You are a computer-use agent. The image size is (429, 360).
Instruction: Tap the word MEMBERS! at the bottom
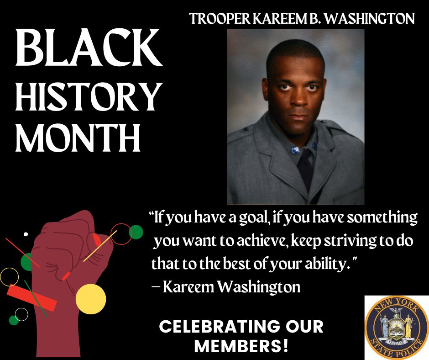click(241, 346)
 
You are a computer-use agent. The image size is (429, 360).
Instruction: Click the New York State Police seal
click(397, 327)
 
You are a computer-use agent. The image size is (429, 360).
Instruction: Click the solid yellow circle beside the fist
click(91, 299)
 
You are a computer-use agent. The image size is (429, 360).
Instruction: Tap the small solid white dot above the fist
click(26, 234)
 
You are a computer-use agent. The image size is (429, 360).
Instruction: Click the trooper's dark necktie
click(305, 169)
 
